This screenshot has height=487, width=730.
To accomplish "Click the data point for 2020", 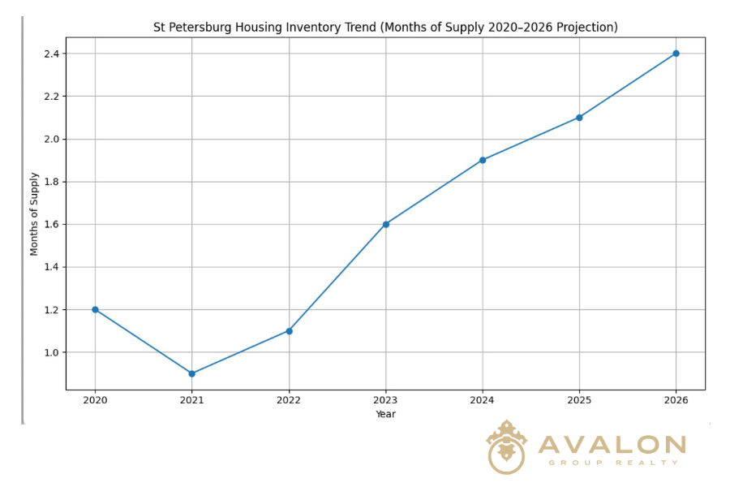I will tap(95, 309).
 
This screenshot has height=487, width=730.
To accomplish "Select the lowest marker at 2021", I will tap(191, 373).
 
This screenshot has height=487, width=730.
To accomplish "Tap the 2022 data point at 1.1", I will tap(289, 330).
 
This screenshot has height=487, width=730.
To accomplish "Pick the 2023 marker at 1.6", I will tap(386, 224).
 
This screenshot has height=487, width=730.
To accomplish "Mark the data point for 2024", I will tap(483, 160).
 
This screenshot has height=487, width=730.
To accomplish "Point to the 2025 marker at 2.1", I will tap(579, 118).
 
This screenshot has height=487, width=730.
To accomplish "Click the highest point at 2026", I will tap(676, 54).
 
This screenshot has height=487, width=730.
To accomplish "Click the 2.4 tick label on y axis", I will tap(50, 54).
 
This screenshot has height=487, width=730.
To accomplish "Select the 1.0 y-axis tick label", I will tap(50, 352).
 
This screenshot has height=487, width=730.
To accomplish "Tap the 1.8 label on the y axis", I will tap(50, 182).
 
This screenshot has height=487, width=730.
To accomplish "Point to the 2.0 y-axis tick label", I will tap(50, 139).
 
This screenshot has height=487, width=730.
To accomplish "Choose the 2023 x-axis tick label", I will tap(386, 401).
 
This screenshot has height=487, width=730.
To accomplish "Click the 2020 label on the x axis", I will tap(95, 401).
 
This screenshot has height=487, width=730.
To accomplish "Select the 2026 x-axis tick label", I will tap(676, 401).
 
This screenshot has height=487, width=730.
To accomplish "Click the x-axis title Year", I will tap(386, 414).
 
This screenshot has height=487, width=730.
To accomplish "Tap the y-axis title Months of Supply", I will tap(34, 213).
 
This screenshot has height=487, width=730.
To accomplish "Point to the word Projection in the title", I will tap(586, 28).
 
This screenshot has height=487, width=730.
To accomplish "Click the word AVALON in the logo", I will tap(612, 445).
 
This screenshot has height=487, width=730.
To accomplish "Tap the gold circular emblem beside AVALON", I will tap(506, 448).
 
